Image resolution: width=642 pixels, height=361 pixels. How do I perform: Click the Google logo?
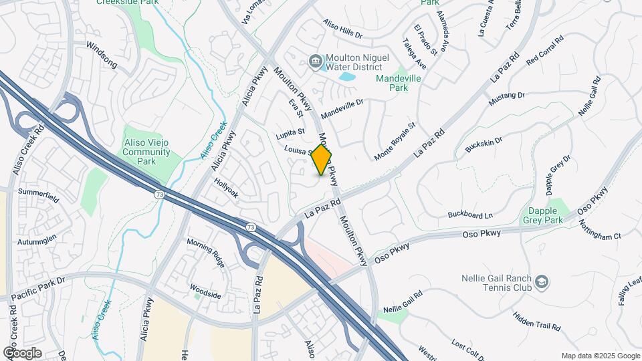click(x=22, y=352)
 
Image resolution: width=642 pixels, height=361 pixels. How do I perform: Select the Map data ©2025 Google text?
click(x=600, y=356)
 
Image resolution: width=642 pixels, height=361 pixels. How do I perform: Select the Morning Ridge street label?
click(x=205, y=251)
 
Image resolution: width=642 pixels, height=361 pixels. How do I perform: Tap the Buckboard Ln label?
click(x=469, y=215)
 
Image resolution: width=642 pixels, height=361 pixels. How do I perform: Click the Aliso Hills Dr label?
click(x=342, y=32)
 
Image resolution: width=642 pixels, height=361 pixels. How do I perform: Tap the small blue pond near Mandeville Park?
click(x=346, y=76)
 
